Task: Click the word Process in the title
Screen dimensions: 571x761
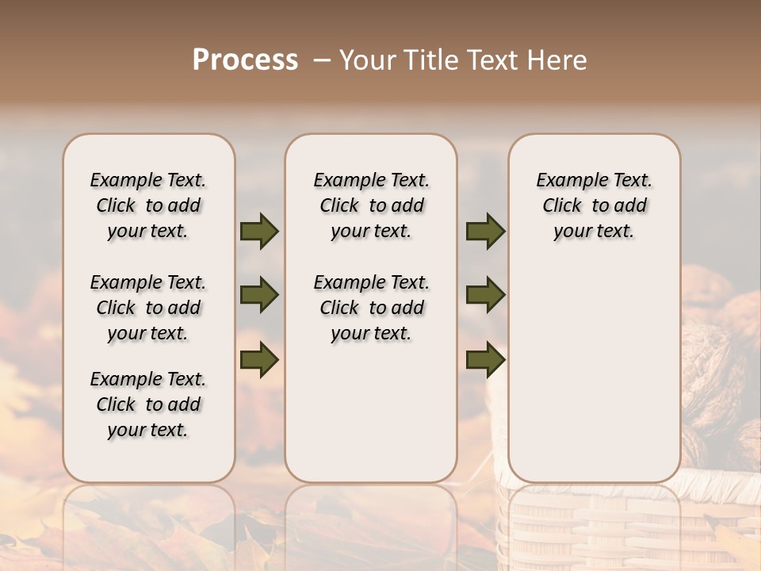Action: point(245,60)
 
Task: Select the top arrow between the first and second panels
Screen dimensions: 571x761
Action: point(259,232)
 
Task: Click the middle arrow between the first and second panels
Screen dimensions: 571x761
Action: point(259,296)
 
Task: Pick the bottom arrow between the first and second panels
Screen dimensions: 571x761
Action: point(259,359)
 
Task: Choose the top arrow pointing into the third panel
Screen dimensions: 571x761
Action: point(485,232)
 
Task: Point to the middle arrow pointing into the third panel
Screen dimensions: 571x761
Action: point(485,296)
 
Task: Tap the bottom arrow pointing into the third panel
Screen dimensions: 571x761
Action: point(485,359)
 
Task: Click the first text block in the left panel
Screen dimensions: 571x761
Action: point(148,205)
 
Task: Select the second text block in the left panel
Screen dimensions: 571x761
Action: point(148,308)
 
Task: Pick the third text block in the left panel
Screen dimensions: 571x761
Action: point(148,404)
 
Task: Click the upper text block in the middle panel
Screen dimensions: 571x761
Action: point(371,205)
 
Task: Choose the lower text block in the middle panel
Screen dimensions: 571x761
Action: point(371,308)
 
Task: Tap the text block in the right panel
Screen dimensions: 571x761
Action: point(594,205)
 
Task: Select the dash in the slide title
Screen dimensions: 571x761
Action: point(321,60)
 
